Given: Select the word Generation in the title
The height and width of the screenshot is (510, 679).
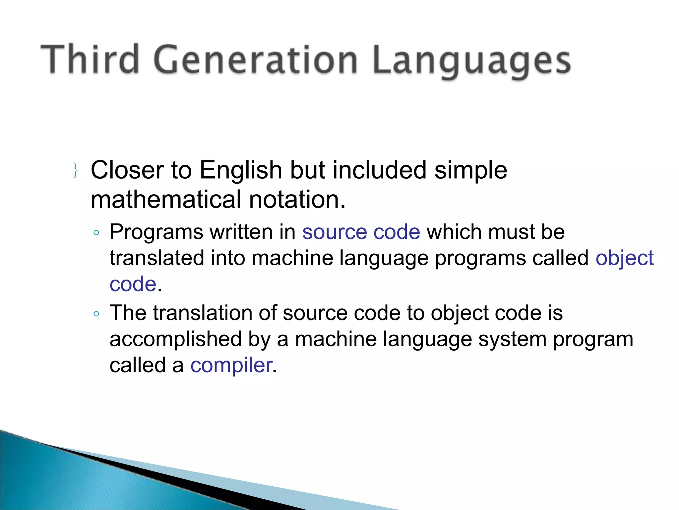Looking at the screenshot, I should pyautogui.click(x=255, y=60).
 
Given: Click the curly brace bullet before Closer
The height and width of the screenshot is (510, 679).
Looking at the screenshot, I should pyautogui.click(x=75, y=170).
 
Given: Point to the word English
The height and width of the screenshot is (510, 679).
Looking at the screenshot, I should pyautogui.click(x=241, y=170).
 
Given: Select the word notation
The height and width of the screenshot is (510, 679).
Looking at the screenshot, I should pyautogui.click(x=297, y=200).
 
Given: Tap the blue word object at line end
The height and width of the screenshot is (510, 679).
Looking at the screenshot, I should pyautogui.click(x=624, y=258).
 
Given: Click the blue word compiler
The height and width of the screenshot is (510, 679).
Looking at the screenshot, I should pyautogui.click(x=231, y=365).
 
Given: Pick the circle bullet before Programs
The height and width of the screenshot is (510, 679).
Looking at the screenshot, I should pyautogui.click(x=96, y=233).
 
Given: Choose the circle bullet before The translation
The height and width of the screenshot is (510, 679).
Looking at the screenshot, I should pyautogui.click(x=96, y=314).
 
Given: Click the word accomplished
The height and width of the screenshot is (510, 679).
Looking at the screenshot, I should pyautogui.click(x=176, y=339).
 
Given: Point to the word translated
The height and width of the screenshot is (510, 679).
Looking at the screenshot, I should pyautogui.click(x=156, y=258).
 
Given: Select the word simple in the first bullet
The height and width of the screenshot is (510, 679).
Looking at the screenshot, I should pyautogui.click(x=470, y=170).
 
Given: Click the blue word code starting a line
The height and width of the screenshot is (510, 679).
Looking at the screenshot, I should pyautogui.click(x=133, y=284).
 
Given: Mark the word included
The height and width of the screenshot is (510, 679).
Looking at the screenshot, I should pyautogui.click(x=379, y=170).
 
